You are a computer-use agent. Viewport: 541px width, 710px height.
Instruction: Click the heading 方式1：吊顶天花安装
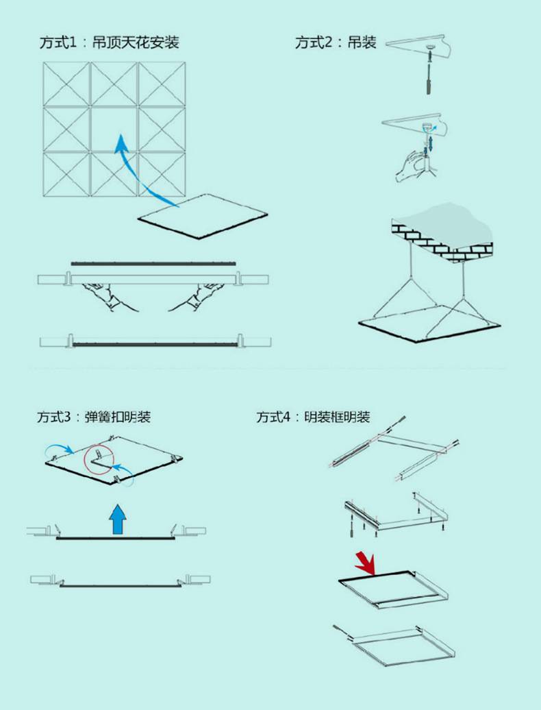[109, 42]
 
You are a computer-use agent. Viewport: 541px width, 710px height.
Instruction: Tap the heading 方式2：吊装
[336, 42]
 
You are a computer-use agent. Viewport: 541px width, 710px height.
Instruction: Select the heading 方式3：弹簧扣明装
[94, 417]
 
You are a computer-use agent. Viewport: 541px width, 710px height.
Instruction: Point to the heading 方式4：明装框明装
[313, 417]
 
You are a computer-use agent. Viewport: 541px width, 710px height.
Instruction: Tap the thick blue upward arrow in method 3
[118, 519]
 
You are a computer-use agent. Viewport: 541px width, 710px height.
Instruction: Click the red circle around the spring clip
[98, 460]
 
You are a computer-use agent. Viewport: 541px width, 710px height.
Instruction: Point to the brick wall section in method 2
[441, 240]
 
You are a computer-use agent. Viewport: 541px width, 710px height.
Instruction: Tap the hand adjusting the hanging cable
[411, 166]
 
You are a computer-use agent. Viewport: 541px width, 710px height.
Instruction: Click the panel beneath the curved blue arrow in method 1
[203, 217]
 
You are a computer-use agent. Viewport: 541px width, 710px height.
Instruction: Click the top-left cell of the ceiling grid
[67, 84]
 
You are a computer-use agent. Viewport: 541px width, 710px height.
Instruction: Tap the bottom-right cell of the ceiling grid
[162, 174]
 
